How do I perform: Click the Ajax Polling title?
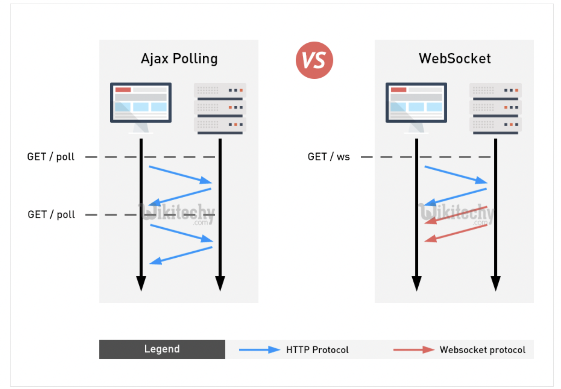point(179,59)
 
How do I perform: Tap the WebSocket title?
point(455,59)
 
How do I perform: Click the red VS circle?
point(314,60)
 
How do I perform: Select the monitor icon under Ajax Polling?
point(141,108)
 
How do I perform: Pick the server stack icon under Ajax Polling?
point(220,109)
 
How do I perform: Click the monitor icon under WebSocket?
point(416,108)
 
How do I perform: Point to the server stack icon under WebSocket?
point(495,109)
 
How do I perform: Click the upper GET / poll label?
point(51,157)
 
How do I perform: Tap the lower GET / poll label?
point(51,215)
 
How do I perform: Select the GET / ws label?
point(329,157)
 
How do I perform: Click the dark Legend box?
point(162,349)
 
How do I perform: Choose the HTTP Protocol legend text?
point(317,350)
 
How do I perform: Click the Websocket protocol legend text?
point(483,350)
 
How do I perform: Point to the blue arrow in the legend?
point(260,350)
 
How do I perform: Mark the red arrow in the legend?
point(414,350)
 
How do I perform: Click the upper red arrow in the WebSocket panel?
point(456,215)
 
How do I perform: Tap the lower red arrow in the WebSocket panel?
point(456,234)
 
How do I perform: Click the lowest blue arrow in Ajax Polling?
point(181,256)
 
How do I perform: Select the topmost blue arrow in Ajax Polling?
point(180,175)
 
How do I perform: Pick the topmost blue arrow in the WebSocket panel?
point(456,175)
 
